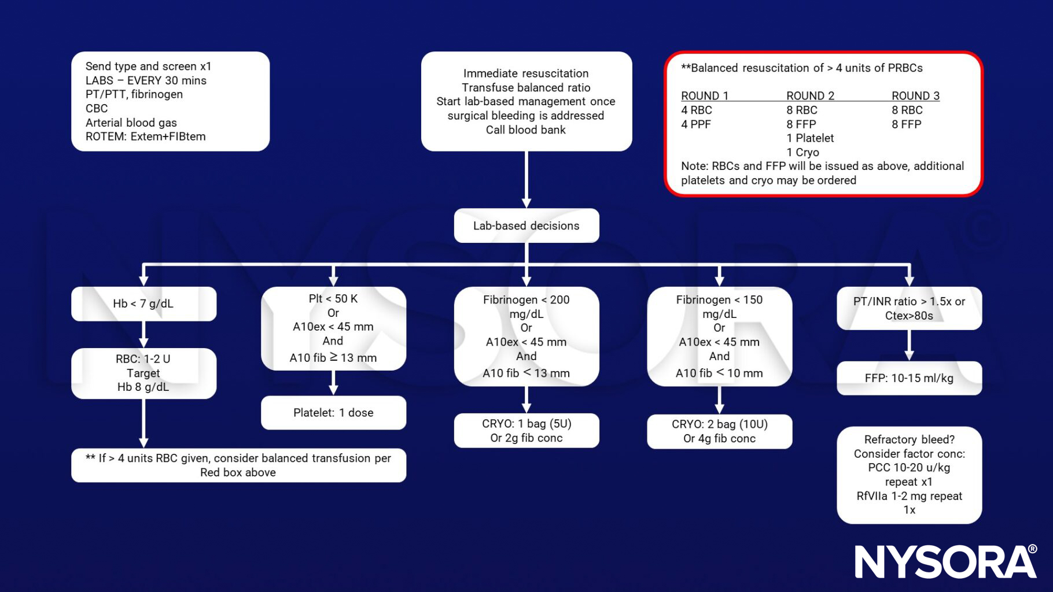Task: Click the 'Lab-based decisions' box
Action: click(526, 225)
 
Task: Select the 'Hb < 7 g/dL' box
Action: click(143, 304)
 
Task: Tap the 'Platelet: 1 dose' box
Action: click(333, 413)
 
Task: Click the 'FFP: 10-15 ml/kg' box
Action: click(909, 378)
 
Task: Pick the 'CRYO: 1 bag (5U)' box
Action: click(526, 431)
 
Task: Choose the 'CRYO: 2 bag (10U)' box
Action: click(719, 431)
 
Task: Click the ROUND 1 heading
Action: click(704, 96)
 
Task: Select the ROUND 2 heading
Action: click(810, 96)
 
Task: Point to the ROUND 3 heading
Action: click(915, 96)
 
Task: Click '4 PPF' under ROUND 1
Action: click(696, 124)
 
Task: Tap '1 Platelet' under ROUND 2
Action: click(810, 138)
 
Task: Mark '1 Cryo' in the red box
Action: click(802, 153)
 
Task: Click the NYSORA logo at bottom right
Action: click(945, 561)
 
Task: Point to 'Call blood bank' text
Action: click(525, 130)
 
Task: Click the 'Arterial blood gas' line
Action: click(131, 123)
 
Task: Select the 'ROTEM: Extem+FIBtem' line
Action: click(146, 137)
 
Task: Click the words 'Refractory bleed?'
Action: click(909, 439)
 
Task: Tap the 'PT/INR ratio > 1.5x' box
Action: click(909, 308)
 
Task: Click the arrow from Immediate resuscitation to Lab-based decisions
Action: click(526, 179)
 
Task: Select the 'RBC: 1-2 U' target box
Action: click(143, 373)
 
